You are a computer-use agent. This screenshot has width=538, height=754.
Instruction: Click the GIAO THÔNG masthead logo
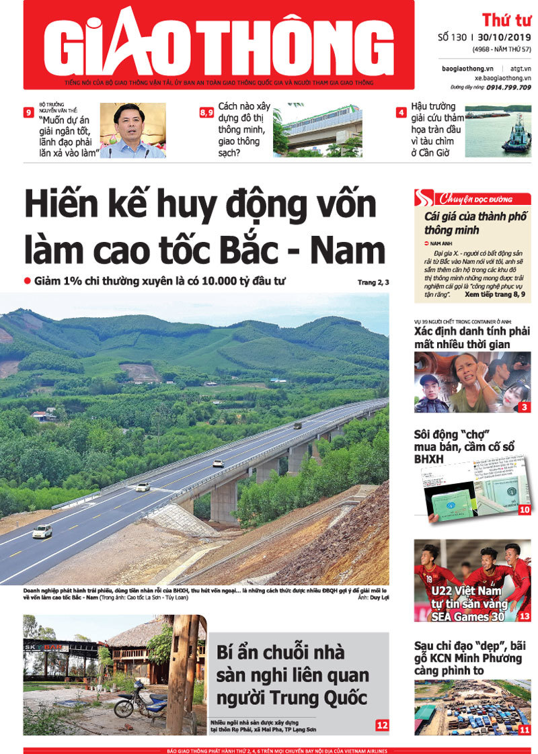click(x=219, y=44)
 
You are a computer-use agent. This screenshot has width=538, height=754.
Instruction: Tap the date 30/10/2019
click(x=504, y=38)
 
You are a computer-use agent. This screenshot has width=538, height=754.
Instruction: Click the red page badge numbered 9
click(x=29, y=113)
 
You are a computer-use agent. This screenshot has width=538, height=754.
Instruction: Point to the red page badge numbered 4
click(x=401, y=113)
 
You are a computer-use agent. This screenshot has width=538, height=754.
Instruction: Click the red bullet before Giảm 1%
click(x=28, y=281)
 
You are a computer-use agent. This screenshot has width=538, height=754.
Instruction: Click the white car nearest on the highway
click(x=42, y=532)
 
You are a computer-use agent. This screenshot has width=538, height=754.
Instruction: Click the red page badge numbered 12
click(x=382, y=725)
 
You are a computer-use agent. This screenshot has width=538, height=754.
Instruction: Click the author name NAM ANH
click(x=445, y=242)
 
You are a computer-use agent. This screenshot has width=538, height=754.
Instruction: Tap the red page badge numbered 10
click(x=525, y=510)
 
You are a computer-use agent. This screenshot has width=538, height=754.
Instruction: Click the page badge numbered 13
click(x=525, y=616)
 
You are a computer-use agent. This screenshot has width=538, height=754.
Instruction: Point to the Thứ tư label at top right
click(x=506, y=20)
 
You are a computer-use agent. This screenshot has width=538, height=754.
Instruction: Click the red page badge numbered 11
click(x=525, y=730)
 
